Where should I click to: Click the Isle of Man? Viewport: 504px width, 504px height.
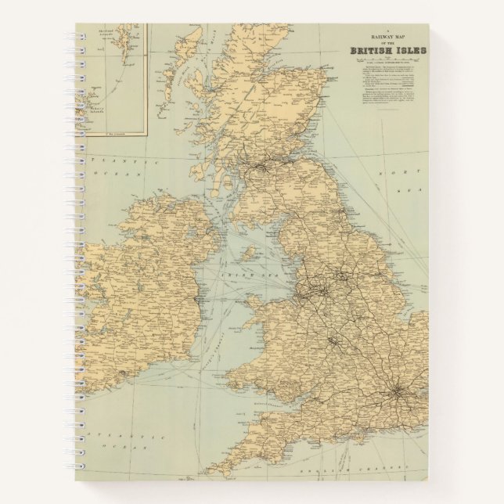pos(250,253)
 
